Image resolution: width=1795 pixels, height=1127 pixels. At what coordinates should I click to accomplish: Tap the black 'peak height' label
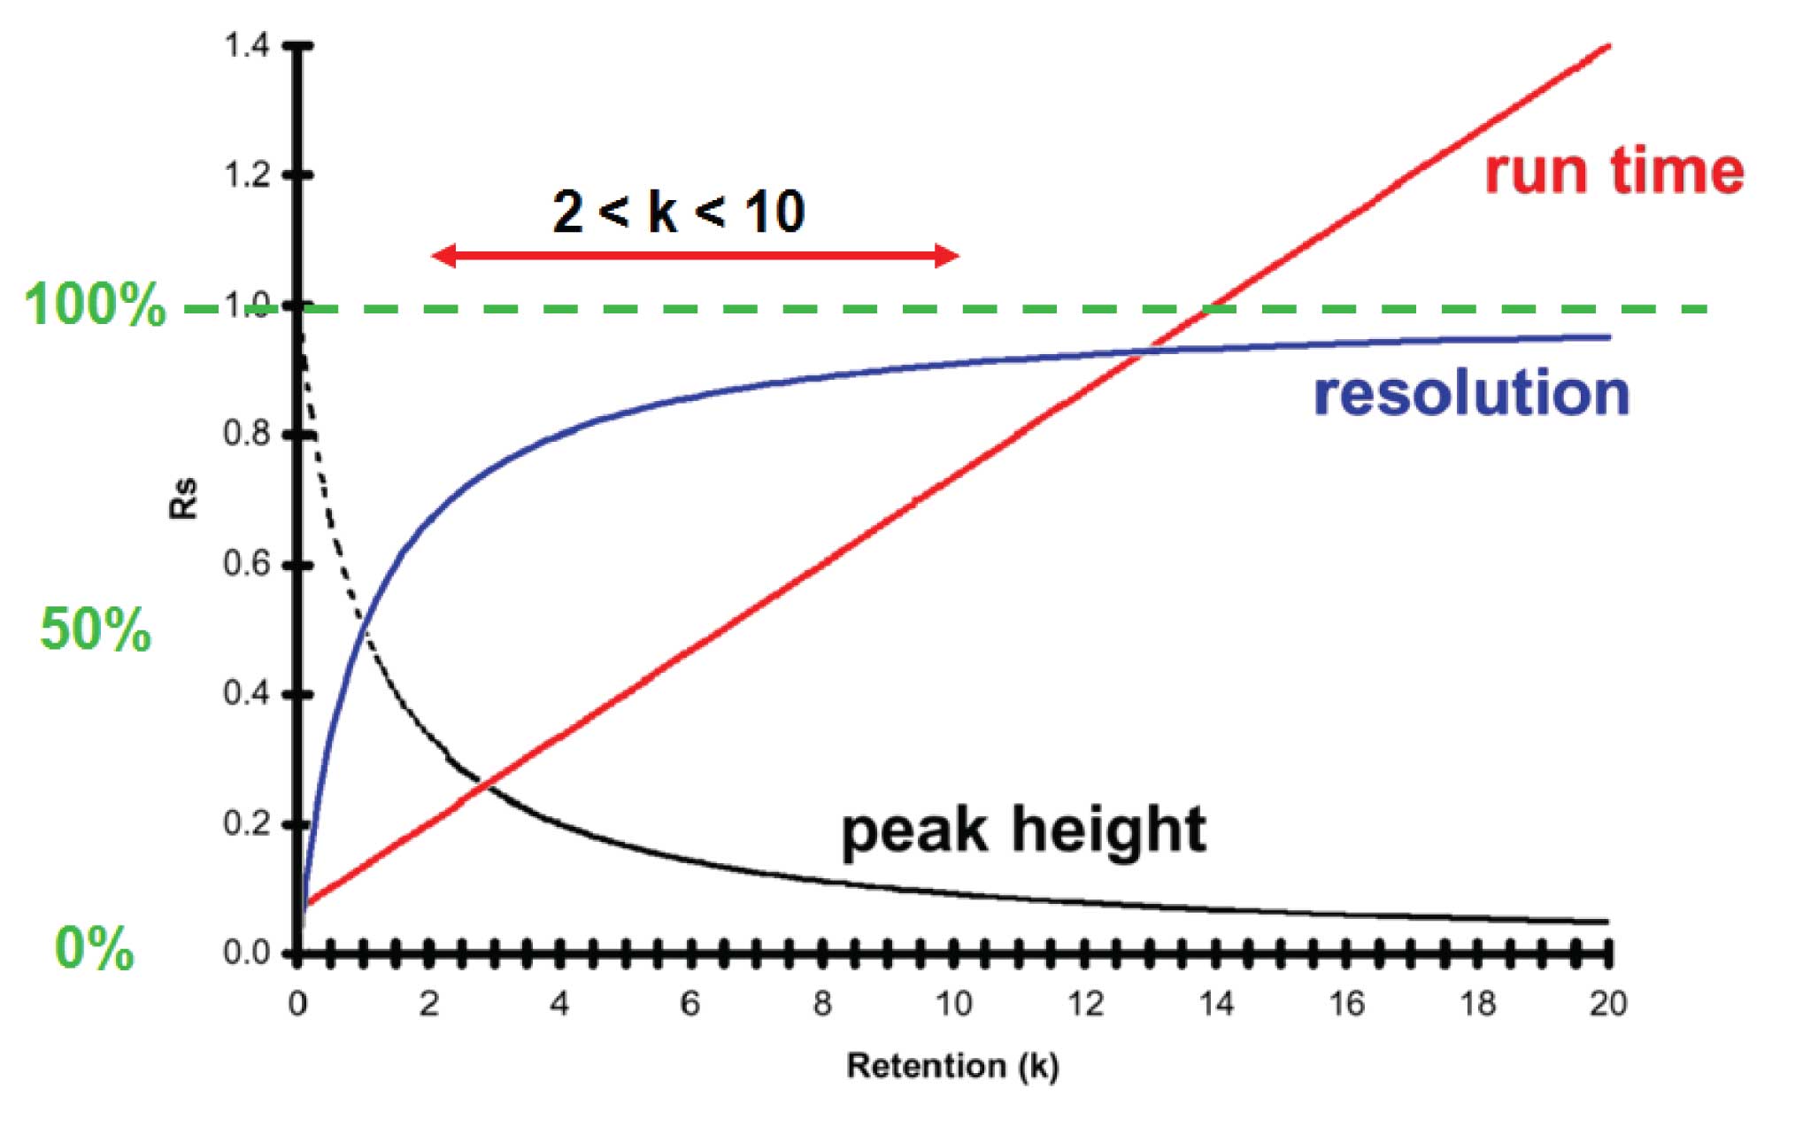(1023, 830)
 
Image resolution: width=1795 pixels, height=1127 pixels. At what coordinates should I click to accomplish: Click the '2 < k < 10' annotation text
(678, 212)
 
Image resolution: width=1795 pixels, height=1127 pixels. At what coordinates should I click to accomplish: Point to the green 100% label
(95, 305)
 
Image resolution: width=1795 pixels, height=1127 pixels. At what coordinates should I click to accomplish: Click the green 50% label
(96, 630)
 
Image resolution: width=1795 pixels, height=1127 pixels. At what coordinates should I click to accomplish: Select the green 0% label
(94, 948)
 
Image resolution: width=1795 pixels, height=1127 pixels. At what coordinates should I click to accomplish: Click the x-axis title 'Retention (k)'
(952, 1066)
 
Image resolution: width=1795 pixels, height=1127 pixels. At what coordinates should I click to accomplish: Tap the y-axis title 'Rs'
(184, 498)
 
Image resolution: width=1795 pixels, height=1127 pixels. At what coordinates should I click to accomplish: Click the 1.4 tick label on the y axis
(246, 45)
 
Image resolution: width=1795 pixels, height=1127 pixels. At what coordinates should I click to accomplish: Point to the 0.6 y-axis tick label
(246, 564)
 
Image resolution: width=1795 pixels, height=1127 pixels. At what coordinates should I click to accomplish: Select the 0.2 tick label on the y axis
(246, 823)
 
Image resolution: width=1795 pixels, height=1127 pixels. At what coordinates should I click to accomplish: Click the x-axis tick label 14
(1216, 1004)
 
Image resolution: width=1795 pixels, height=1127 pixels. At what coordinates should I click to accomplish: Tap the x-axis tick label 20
(1607, 1004)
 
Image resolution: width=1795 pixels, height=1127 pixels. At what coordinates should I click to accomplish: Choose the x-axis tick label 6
(690, 1004)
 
